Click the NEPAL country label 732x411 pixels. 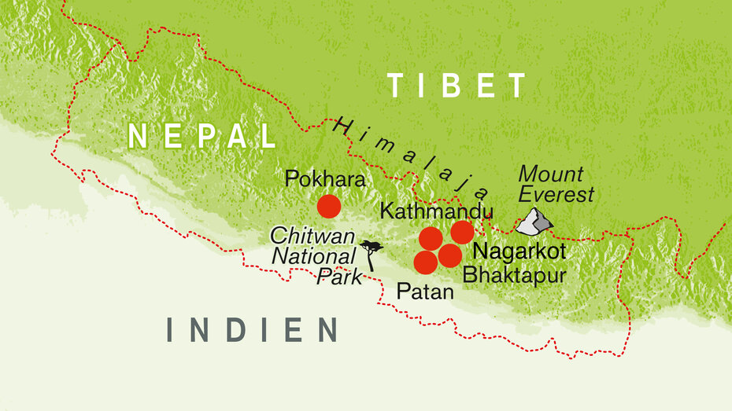[201, 135]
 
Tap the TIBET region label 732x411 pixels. [457, 85]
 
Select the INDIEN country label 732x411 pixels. [252, 330]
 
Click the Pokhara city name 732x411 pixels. [325, 180]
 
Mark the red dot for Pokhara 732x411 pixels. [328, 207]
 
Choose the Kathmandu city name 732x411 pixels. [435, 211]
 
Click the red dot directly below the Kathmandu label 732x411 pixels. [431, 237]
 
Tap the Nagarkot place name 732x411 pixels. [519, 251]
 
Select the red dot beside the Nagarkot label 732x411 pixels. [462, 232]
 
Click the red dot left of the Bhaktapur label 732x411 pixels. [449, 255]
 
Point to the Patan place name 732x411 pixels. [425, 292]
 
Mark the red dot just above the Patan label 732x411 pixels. [425, 262]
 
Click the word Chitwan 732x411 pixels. [305, 235]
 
